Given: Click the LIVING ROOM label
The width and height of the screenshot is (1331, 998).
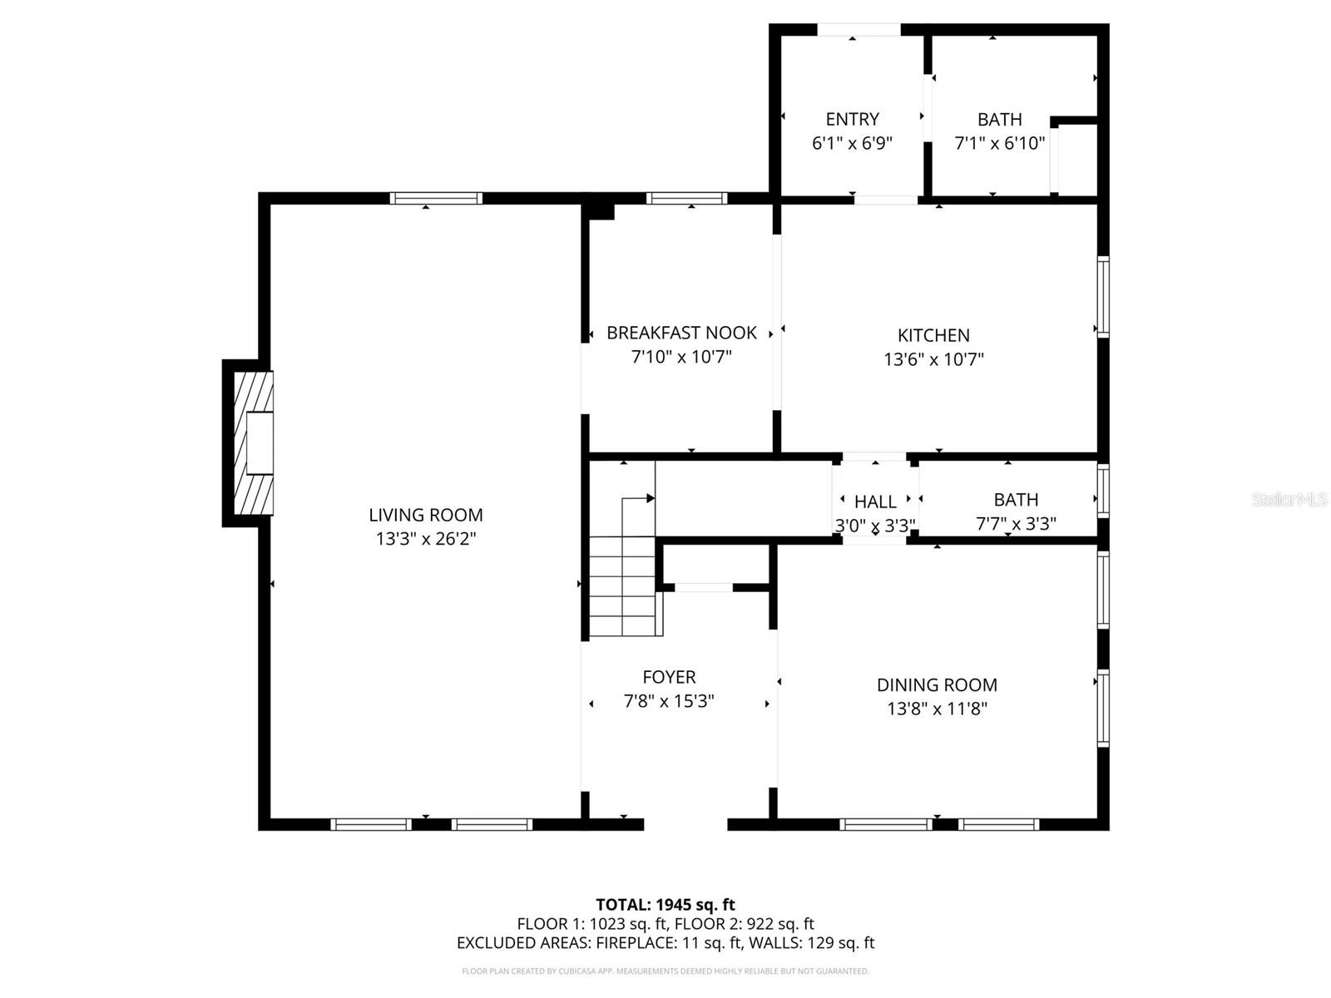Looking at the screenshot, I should tap(426, 515).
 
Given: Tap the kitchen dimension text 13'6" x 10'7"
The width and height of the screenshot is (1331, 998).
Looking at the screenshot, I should tap(933, 359).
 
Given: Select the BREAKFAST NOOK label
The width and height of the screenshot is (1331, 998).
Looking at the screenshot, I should tap(681, 333).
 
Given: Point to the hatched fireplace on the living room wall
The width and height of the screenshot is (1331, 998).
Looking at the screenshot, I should tap(252, 443).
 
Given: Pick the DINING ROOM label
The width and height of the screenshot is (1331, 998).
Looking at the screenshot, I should tap(937, 684).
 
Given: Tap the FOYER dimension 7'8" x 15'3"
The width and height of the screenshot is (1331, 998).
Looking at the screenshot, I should tap(669, 701).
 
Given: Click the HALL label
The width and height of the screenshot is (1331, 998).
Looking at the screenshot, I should tap(875, 501).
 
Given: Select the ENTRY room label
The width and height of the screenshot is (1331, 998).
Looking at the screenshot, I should tap(852, 119).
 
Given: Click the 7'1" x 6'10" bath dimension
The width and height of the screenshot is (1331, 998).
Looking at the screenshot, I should tap(999, 143).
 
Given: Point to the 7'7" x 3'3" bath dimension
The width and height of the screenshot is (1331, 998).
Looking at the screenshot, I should tap(1016, 524).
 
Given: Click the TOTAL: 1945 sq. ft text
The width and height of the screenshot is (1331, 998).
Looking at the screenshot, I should tap(665, 904).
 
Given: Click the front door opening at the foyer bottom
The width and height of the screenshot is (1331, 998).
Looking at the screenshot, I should tap(685, 824).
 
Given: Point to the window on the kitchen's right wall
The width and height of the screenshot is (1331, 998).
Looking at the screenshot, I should tap(1103, 297).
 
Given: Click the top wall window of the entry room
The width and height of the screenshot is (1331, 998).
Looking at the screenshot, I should tap(858, 30).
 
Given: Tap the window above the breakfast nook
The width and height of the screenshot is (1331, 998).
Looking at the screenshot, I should tap(686, 198).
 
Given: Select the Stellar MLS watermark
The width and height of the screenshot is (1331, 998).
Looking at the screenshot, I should tap(1289, 499).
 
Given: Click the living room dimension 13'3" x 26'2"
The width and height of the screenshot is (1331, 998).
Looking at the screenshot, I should tap(426, 539).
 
